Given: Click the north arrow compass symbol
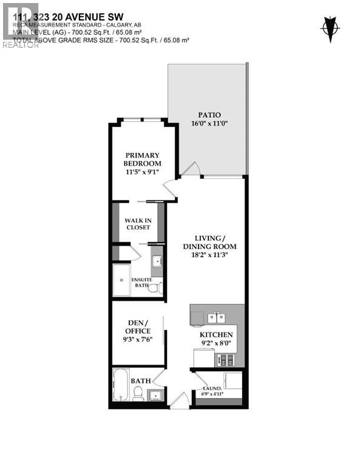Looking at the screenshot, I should point(330,27).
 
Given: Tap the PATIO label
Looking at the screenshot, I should point(208,115).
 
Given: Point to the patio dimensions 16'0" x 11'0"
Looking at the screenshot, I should point(208,124).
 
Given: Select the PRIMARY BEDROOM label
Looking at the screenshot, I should point(142,159).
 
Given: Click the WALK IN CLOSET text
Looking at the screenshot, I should point(138,224).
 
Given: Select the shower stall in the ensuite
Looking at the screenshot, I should point(121,280).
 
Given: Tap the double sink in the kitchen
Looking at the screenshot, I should point(215,317).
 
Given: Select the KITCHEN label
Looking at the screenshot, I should point(217,334).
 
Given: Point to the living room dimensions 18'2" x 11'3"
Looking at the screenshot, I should point(209,256).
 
